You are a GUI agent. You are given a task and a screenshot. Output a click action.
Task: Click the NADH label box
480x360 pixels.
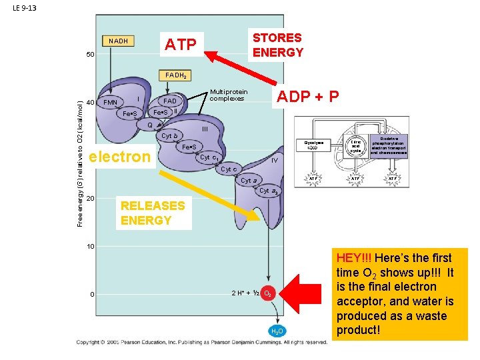click(118, 41)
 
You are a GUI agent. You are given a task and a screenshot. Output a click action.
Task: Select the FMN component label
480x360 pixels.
click(110, 103)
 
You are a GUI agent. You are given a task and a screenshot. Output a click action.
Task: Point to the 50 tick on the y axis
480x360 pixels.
click(90, 54)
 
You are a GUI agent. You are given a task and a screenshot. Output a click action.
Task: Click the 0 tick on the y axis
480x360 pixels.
click(92, 295)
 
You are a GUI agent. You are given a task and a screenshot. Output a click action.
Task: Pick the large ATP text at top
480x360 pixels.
click(181, 45)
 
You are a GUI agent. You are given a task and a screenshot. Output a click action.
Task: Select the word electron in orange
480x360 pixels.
click(120, 157)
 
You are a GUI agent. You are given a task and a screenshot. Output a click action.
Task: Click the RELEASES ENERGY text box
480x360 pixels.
click(152, 213)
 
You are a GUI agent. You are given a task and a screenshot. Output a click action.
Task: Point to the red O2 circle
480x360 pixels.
click(267, 293)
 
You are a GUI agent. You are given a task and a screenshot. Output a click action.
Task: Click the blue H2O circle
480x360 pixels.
click(277, 331)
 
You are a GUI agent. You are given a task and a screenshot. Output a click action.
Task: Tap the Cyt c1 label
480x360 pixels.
click(209, 158)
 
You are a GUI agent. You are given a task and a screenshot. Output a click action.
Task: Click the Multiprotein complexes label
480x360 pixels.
click(228, 95)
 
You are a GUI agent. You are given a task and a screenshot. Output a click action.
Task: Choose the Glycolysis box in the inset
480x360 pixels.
click(313, 145)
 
